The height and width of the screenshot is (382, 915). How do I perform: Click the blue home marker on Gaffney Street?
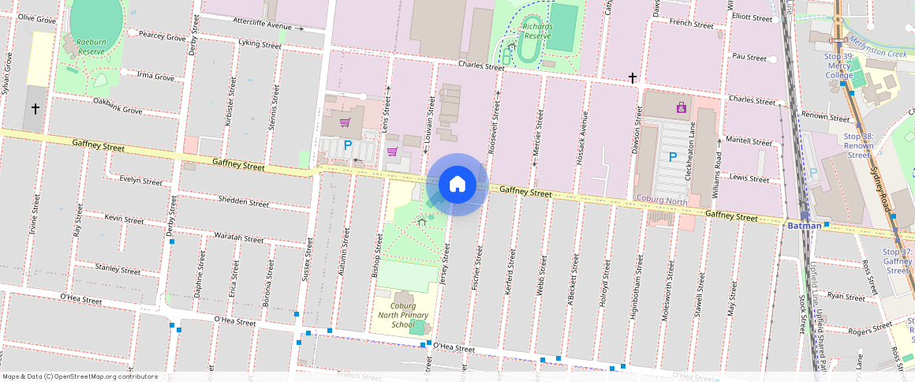[457, 185]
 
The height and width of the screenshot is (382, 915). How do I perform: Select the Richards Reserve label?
[537, 31]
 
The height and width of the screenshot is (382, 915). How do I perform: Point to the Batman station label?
[805, 226]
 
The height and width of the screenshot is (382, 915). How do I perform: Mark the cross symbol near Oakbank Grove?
[35, 108]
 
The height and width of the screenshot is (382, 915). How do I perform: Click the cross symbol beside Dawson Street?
[633, 77]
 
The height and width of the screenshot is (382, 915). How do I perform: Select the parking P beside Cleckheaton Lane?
[672, 157]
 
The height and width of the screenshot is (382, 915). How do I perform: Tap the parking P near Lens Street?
[348, 145]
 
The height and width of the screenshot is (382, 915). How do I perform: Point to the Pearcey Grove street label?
[162, 36]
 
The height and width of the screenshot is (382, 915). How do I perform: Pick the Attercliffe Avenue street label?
[256, 24]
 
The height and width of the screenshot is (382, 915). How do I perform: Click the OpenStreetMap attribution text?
[80, 376]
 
